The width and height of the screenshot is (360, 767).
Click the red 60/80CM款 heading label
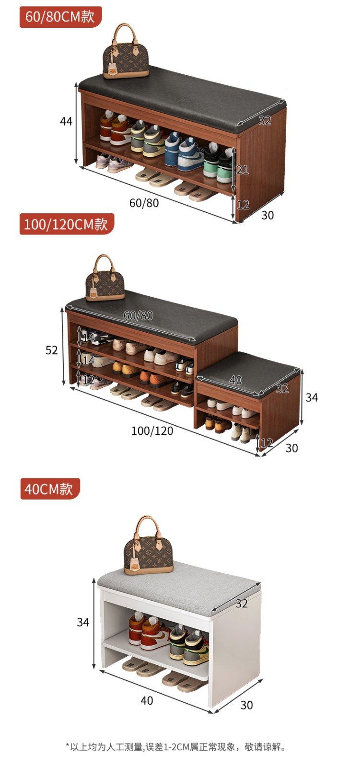60,17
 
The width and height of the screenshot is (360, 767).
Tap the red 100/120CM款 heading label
67,224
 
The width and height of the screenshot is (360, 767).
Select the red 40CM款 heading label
50,488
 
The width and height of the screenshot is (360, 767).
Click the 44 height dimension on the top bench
66,121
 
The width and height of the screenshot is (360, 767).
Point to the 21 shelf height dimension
243,170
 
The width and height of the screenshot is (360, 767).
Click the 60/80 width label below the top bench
144,203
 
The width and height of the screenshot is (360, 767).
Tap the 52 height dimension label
52,350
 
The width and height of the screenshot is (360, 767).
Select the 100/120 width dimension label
152,431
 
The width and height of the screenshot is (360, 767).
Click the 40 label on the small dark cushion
236,380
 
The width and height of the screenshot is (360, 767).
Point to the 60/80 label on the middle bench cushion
138,315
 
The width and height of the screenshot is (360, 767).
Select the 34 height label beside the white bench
83,622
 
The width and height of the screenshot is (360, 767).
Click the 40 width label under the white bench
147,700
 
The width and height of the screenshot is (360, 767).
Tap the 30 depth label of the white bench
246,705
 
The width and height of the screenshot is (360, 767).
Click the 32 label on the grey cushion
242,604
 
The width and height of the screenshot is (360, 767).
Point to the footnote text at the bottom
176,747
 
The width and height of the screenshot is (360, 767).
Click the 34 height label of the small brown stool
312,397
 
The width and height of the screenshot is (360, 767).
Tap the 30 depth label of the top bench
267,215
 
